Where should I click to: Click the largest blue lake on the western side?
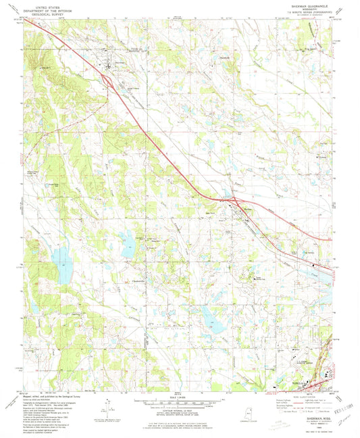click(x=62, y=264)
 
